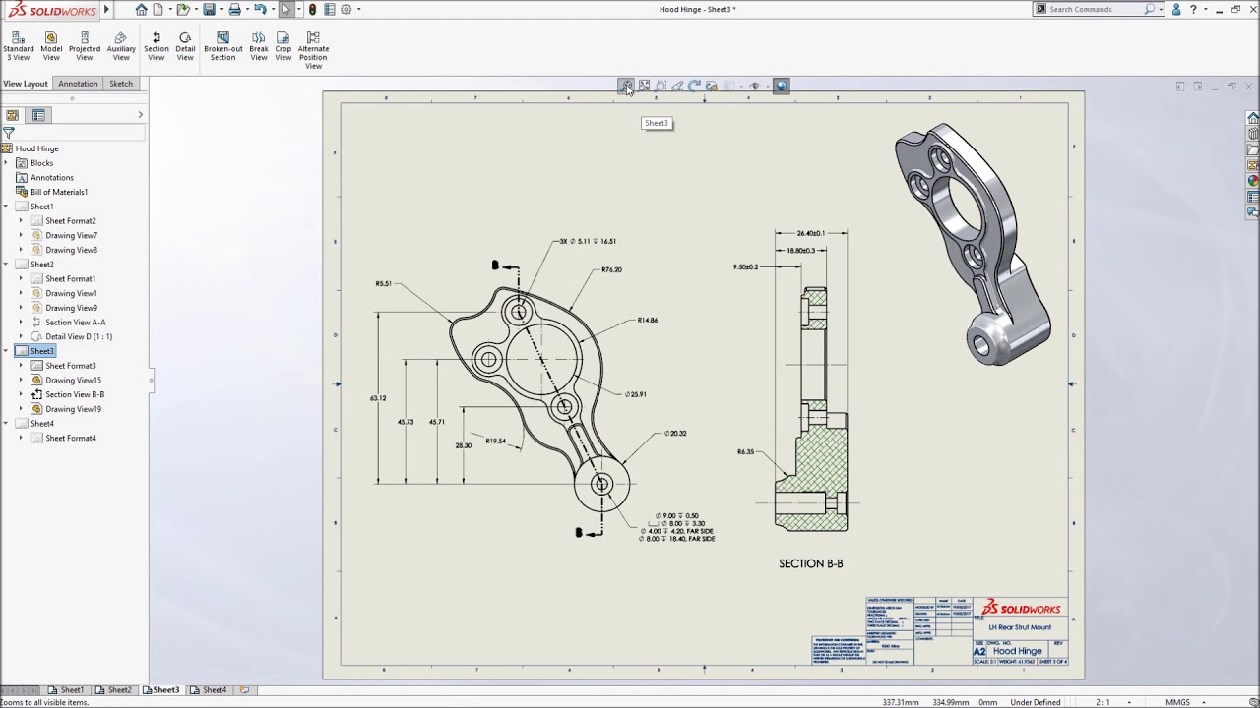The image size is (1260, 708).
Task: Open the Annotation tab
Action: [x=78, y=84]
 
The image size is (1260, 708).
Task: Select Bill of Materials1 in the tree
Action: [x=58, y=192]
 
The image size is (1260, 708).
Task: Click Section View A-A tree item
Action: [x=75, y=322]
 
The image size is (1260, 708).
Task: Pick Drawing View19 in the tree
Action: [x=73, y=408]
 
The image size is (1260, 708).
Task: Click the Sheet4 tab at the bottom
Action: [x=214, y=690]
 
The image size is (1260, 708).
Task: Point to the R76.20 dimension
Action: [x=611, y=269]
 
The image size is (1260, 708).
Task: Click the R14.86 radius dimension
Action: [x=647, y=320]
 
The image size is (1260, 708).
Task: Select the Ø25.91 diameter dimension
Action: [x=636, y=394]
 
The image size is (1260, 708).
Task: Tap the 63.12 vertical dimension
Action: [x=378, y=398]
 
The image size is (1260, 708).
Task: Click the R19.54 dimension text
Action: [x=495, y=441]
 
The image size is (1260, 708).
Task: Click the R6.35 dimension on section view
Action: [x=745, y=452]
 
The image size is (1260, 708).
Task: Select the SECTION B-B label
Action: [x=810, y=563]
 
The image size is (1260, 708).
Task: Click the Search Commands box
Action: [x=1095, y=9]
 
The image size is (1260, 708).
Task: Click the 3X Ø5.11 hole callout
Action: [x=588, y=241]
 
